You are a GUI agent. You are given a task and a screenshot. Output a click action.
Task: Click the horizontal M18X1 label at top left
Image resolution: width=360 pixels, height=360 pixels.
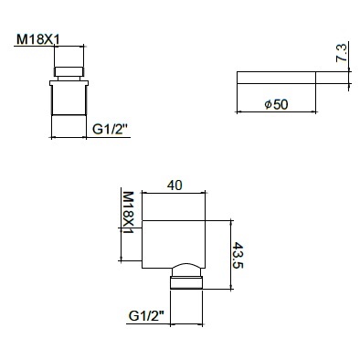[x=38, y=39]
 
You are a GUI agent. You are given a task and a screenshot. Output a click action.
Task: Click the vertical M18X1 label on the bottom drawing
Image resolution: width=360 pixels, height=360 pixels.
[x=128, y=213]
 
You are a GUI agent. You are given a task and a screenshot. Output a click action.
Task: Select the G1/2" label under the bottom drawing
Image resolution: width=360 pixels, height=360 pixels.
[x=146, y=316]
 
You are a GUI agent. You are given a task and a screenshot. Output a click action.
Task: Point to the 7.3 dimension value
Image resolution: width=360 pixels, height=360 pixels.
[x=341, y=53]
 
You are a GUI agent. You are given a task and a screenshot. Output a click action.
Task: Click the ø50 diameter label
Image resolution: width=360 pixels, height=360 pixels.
[x=276, y=104]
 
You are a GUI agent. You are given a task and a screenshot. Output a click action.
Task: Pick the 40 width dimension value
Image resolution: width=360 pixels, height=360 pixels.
[x=175, y=185]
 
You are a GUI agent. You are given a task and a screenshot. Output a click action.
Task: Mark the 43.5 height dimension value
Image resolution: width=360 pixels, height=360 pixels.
[x=238, y=255]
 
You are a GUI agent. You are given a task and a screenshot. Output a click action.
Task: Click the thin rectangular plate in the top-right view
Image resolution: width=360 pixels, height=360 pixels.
[x=276, y=78]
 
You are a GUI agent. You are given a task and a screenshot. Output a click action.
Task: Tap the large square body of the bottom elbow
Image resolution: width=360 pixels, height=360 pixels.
[x=174, y=244]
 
